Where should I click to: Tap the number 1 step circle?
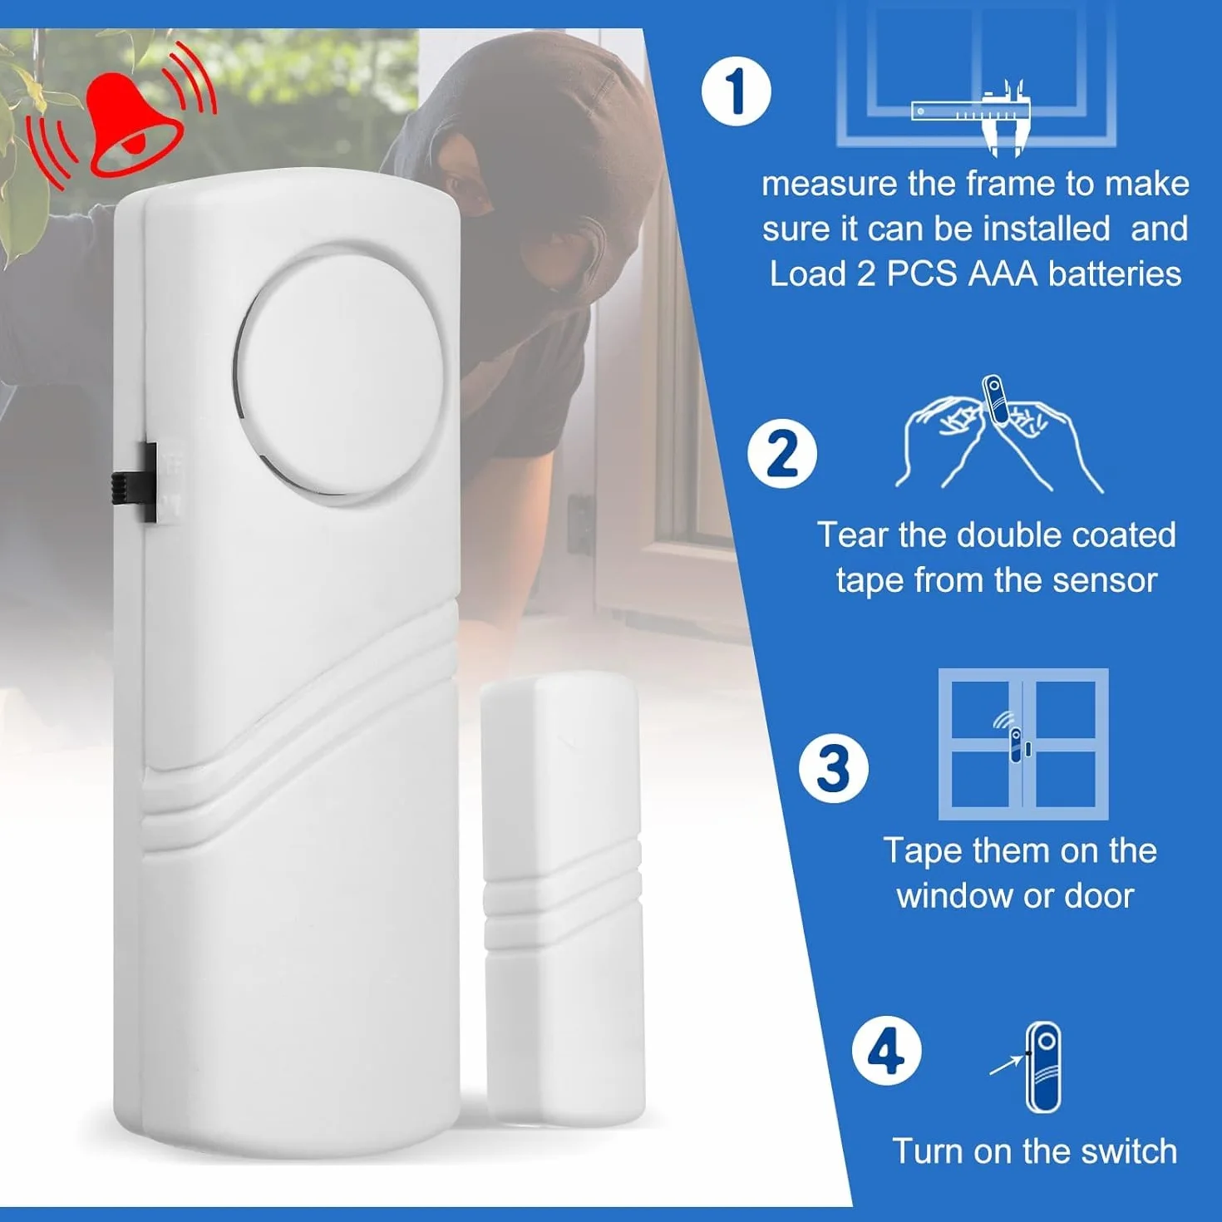737,92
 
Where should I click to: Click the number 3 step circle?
833,768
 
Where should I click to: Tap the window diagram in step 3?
1023,744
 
